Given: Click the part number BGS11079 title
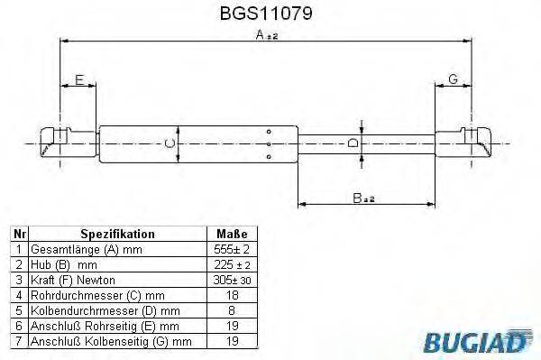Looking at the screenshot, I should [x=268, y=14].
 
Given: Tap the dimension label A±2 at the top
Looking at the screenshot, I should [x=265, y=35].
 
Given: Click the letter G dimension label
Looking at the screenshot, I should [x=453, y=80].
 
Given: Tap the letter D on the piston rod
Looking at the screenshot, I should [x=354, y=143].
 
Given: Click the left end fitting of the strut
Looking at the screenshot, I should [x=61, y=142].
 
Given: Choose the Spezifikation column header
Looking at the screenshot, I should [x=117, y=233].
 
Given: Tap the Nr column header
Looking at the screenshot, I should [x=17, y=233].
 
